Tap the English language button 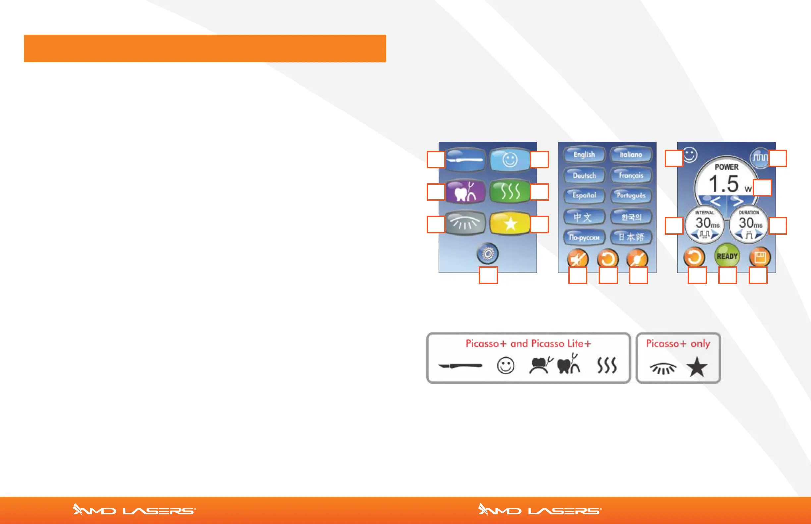pos(584,155)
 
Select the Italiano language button pos(631,155)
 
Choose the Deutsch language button pos(584,176)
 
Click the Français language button pos(631,176)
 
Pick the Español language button pos(584,196)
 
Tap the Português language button pos(631,196)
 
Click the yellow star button pos(510,224)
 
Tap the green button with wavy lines pos(510,191)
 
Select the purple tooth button pos(465,191)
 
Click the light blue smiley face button pos(510,159)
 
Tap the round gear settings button pos(488,254)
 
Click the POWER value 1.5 pos(724,184)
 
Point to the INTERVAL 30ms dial pos(704,225)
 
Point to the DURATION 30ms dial pos(748,225)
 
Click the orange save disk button pos(760,257)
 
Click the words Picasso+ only pos(678,344)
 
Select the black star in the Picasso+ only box pos(696,367)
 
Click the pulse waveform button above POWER pos(760,157)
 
